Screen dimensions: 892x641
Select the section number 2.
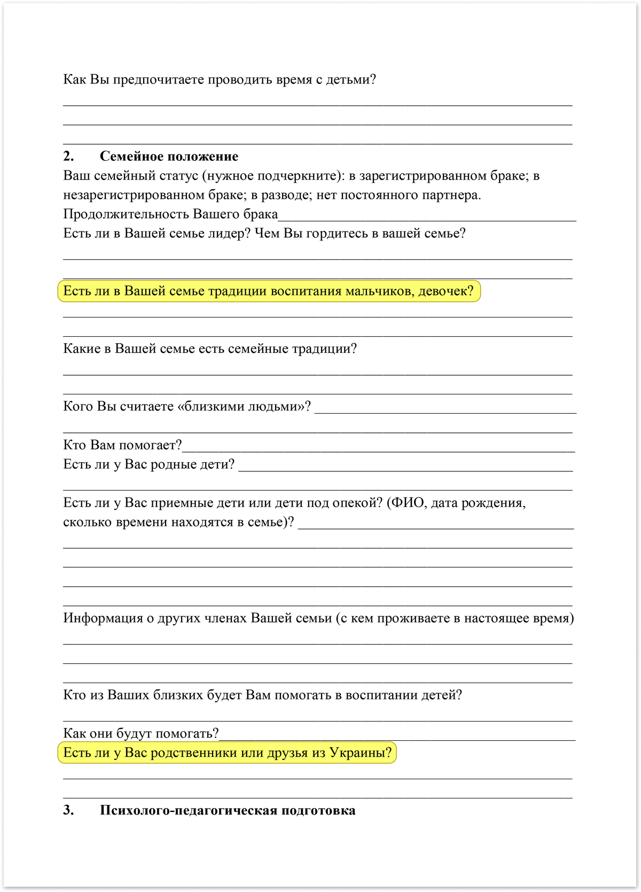[x=68, y=157]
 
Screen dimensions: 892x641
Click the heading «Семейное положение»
[x=169, y=157]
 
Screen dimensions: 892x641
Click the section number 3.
[x=68, y=811]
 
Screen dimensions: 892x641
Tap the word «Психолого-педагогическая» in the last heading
[x=187, y=811]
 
